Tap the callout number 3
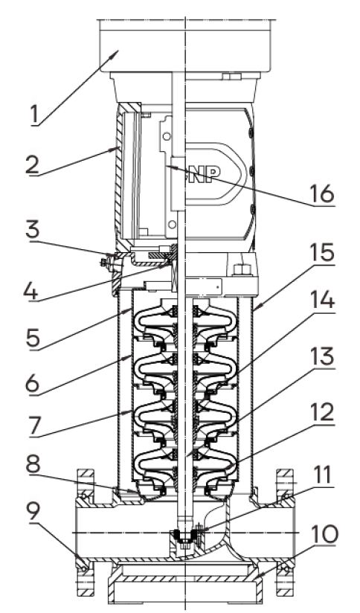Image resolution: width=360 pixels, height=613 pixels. (33, 230)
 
